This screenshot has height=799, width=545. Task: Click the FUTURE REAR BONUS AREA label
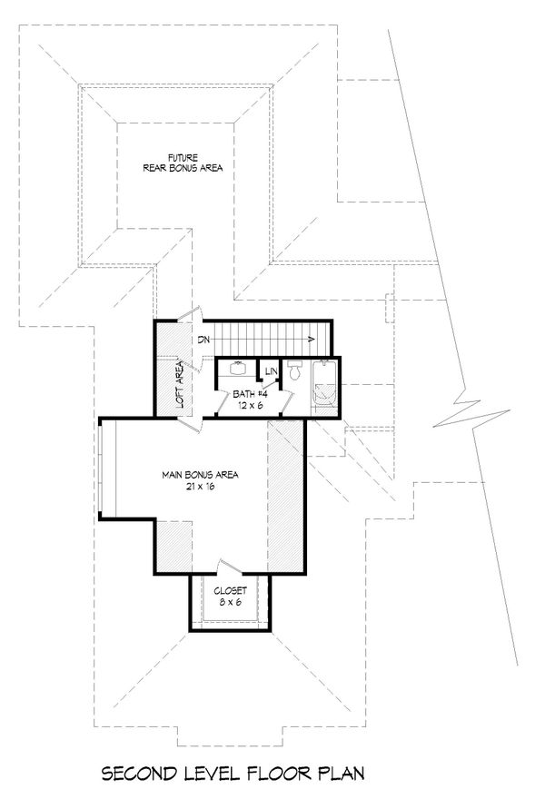point(183,163)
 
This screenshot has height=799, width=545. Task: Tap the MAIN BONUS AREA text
point(200,475)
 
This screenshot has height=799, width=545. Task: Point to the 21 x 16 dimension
point(200,487)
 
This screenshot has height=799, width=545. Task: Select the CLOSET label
point(231,590)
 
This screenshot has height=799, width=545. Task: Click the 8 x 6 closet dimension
point(231,602)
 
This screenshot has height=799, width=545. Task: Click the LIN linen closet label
point(272,372)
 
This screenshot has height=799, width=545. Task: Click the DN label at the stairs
point(203,339)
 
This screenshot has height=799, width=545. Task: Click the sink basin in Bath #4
point(238,368)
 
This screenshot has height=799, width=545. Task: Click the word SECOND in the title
point(139,774)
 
